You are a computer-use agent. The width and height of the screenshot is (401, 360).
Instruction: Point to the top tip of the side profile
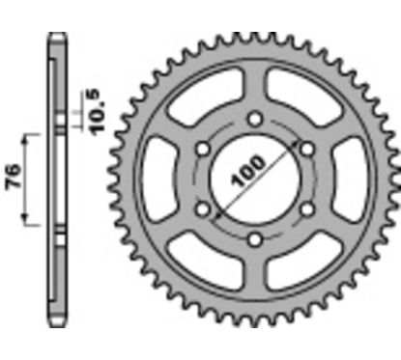[x=56, y=38]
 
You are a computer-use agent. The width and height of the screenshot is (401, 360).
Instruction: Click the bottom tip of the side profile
[x=56, y=322]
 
